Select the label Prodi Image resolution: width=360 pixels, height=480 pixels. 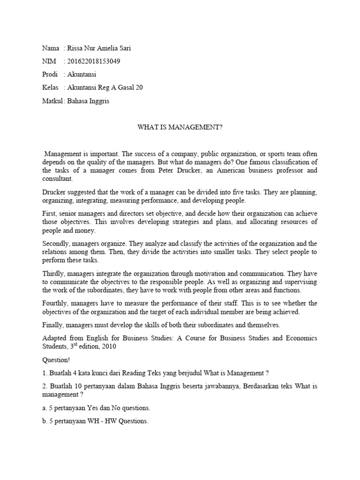click(x=50, y=75)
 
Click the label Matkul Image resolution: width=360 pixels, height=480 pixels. click(x=52, y=101)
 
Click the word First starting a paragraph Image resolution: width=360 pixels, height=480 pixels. click(x=48, y=213)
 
